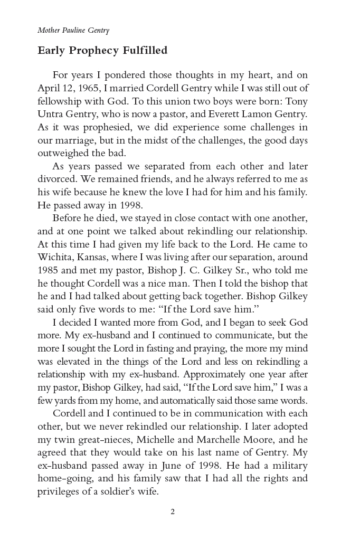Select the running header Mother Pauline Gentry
pos(73,30)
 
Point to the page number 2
pos(173,511)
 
